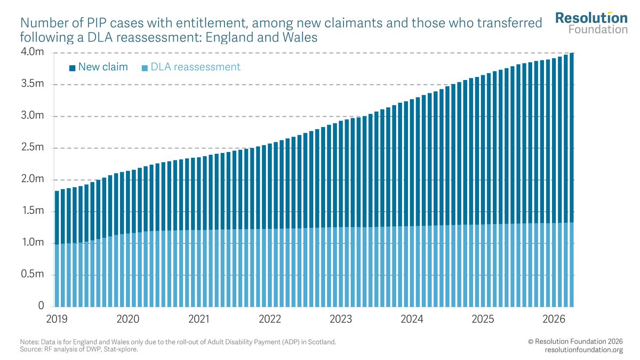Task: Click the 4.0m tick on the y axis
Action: (x=33, y=52)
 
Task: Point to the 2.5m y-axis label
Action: (x=33, y=147)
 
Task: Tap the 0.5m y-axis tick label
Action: (x=33, y=274)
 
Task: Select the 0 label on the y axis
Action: (x=41, y=306)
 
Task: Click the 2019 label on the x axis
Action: (x=57, y=319)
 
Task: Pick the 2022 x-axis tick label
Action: (x=270, y=319)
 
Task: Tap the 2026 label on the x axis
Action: (x=554, y=319)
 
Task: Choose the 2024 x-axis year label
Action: (x=412, y=319)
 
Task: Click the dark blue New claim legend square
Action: (x=73, y=68)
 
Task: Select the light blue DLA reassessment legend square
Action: (x=145, y=68)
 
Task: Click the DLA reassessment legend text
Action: (x=195, y=67)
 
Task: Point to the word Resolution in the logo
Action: (x=591, y=18)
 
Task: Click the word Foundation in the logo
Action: (x=598, y=29)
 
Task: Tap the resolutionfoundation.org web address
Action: (x=583, y=350)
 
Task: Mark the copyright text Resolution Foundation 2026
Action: (x=575, y=341)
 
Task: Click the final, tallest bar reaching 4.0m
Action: (x=571, y=180)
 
